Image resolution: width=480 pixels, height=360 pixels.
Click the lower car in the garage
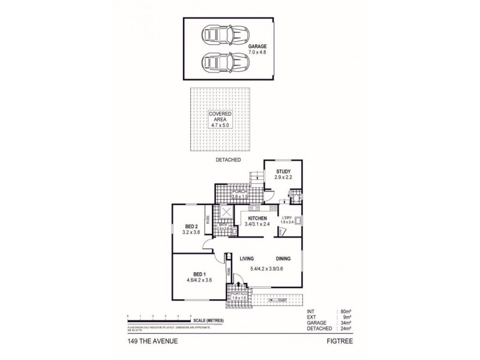point(218,61)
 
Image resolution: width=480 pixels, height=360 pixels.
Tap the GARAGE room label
point(257,46)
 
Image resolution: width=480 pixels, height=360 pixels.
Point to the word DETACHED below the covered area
point(229,160)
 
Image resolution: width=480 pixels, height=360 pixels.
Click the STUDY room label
point(284,173)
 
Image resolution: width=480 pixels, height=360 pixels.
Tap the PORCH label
point(240,192)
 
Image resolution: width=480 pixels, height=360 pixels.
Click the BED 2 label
point(192,226)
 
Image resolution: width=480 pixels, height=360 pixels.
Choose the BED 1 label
point(194,274)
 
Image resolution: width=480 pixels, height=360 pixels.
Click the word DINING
point(283,259)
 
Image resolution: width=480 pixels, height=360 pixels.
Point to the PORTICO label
point(239,293)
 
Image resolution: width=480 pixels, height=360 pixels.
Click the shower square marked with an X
point(227,212)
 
